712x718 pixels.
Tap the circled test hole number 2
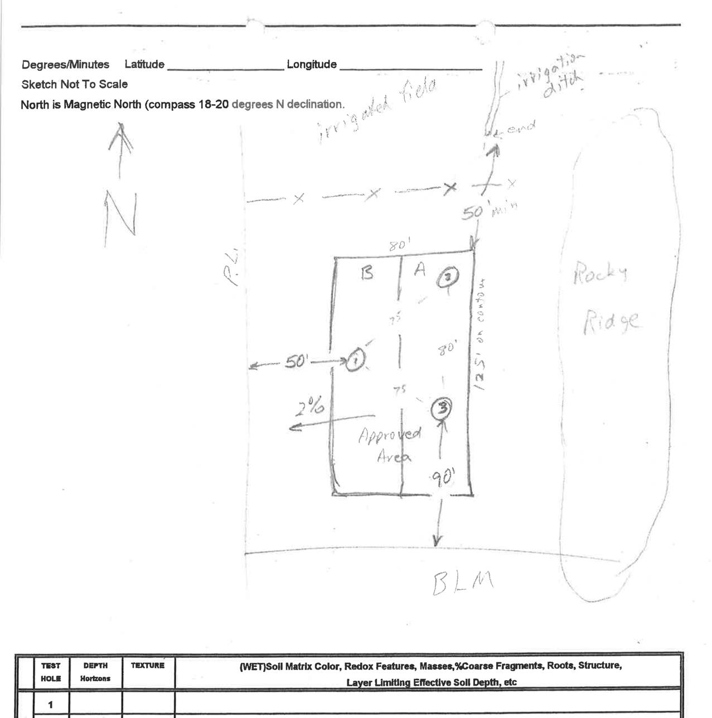coord(449,278)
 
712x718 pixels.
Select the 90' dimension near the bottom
coord(443,477)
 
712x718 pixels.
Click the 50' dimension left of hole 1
coord(296,362)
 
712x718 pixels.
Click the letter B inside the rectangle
coord(367,274)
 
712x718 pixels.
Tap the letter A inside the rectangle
coord(420,270)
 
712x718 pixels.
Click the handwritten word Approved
coord(390,435)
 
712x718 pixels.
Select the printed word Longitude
coord(312,65)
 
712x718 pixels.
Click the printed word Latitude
coord(144,65)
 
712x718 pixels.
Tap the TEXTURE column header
coord(148,666)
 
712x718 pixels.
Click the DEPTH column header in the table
coord(95,666)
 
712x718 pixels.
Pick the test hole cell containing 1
coord(51,705)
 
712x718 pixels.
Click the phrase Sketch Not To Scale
coord(75,85)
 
